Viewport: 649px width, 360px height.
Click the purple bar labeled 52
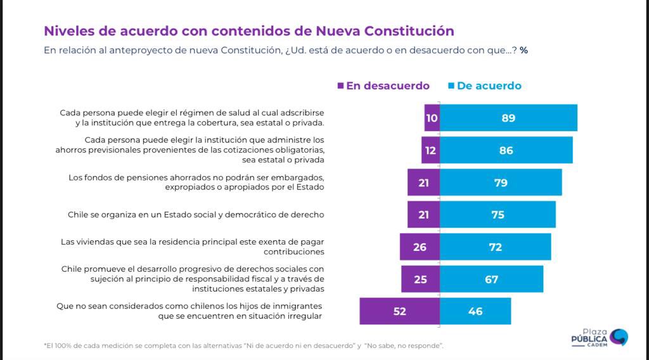point(399,311)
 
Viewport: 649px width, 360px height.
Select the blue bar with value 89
point(508,118)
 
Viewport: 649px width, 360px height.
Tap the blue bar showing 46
point(475,311)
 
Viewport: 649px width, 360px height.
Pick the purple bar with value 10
point(432,118)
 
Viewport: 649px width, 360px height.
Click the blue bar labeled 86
point(506,150)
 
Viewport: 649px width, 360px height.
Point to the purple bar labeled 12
point(430,150)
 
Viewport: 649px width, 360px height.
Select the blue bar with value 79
point(501,183)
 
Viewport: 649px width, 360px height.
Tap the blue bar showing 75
point(498,214)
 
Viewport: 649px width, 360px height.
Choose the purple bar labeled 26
point(420,247)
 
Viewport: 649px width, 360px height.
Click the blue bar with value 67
point(491,279)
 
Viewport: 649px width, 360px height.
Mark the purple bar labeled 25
point(420,279)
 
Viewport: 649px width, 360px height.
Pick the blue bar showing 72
point(496,247)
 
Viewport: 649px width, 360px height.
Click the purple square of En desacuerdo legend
point(340,86)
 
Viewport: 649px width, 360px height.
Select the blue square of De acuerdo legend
point(451,86)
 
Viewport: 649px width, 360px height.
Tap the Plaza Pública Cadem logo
point(599,337)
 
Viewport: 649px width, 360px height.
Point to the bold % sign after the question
point(524,50)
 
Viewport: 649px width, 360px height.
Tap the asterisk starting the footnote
point(45,345)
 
